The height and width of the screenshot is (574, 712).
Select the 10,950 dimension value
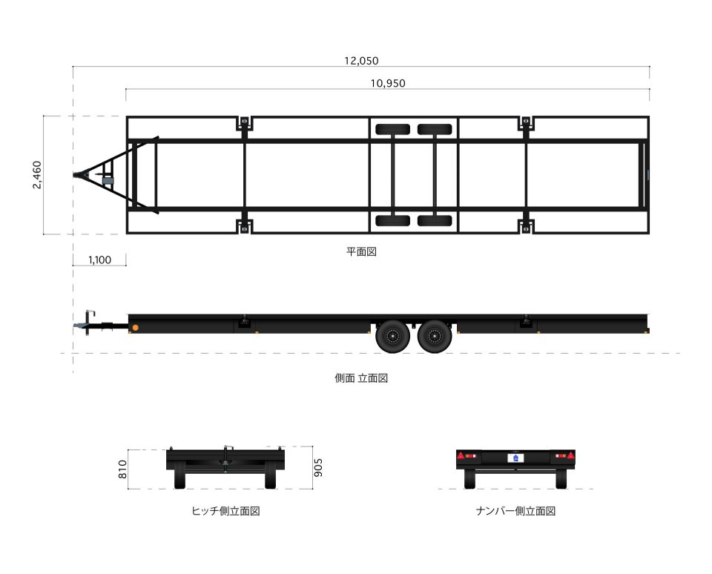click(x=388, y=83)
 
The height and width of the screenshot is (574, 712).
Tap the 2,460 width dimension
click(x=38, y=175)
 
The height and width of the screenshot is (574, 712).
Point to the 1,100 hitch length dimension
click(x=99, y=260)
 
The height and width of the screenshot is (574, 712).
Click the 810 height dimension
click(x=123, y=469)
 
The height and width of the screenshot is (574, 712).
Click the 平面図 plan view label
click(x=362, y=251)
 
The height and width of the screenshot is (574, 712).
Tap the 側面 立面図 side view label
click(x=361, y=377)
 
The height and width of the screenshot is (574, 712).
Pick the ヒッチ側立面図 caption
click(x=225, y=511)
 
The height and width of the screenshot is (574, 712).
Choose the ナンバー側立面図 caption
click(x=515, y=511)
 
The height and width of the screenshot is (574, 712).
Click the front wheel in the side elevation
click(x=393, y=336)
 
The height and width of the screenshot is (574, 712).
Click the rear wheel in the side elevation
click(x=435, y=336)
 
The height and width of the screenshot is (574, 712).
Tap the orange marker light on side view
click(x=135, y=328)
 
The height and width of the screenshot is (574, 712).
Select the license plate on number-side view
click(x=516, y=458)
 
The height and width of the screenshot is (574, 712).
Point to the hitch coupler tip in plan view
click(x=76, y=175)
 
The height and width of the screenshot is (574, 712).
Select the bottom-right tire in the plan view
click(x=435, y=220)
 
